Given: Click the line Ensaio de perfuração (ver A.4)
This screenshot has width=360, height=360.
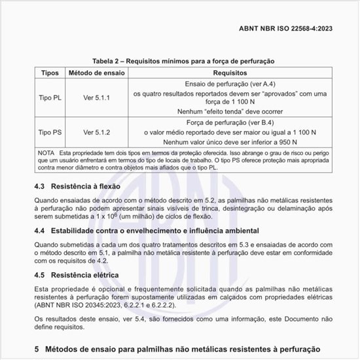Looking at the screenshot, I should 229,85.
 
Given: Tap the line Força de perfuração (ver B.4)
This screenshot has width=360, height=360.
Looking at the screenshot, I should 229,121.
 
